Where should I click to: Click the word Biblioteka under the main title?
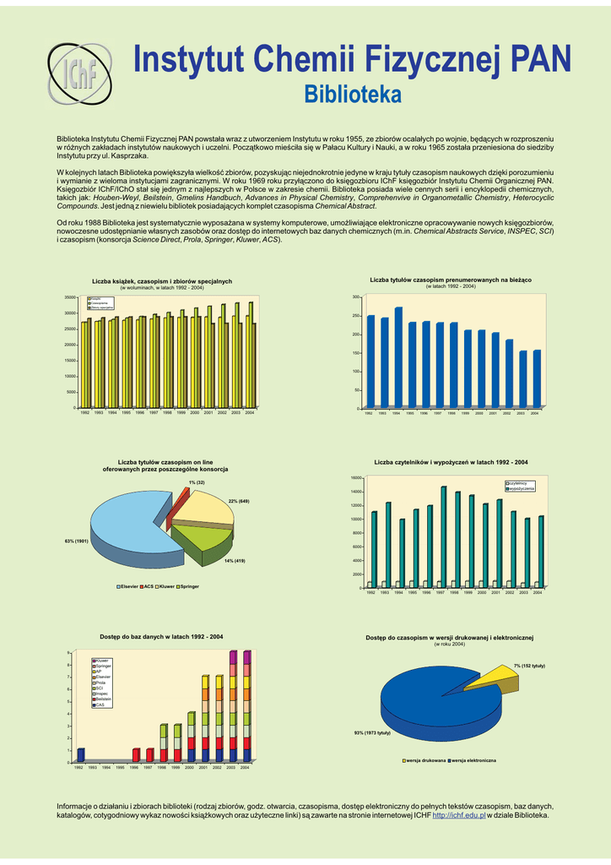352,94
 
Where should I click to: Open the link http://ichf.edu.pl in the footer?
458,815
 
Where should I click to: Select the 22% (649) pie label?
239,502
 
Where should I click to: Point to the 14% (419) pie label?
235,561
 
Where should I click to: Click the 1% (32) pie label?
197,482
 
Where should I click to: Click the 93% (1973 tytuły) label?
372,732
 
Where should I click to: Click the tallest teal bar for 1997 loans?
444,536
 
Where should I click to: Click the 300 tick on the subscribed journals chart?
357,297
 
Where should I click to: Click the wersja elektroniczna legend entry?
473,761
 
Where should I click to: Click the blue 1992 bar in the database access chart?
81,754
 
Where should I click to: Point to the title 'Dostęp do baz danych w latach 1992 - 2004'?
161,636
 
